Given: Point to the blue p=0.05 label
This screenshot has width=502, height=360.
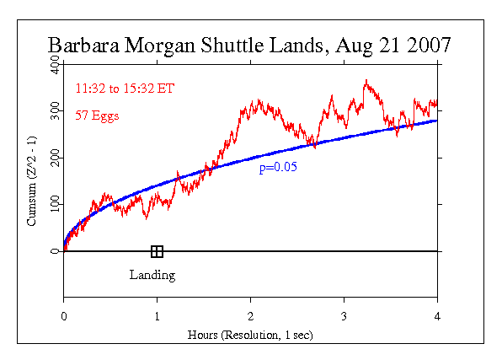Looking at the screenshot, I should [278, 168].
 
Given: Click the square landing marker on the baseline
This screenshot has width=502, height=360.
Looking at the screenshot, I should [157, 251].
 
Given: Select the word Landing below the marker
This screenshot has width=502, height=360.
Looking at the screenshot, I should [152, 275].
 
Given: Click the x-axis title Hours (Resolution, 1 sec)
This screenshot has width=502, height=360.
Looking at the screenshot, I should [250, 335].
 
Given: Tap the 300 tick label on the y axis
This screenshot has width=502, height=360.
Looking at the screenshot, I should [55, 111].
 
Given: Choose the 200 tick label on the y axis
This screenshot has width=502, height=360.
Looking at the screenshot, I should [55, 158].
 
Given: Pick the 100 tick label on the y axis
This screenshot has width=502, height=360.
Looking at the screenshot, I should [55, 205].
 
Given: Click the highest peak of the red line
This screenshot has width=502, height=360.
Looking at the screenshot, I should [366, 81].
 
